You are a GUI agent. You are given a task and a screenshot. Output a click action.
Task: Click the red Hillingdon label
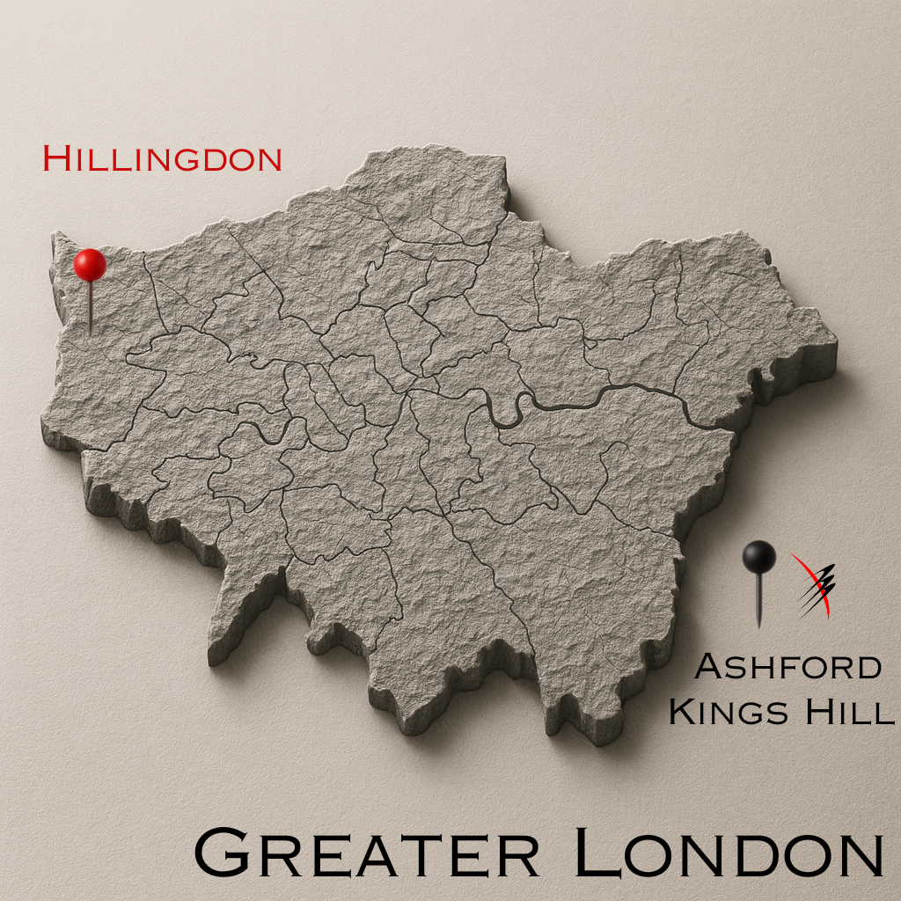[x=163, y=159]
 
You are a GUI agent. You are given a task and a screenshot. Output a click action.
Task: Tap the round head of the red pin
[x=90, y=264]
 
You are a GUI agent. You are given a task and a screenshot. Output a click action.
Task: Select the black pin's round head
[x=758, y=556]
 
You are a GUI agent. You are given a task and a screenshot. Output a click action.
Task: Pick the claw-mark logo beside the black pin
[x=813, y=584]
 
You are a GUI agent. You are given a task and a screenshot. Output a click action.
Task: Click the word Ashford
[x=787, y=667]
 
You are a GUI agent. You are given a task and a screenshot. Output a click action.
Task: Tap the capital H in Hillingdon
[x=56, y=159]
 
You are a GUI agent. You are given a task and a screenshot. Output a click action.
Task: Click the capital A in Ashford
[x=708, y=667]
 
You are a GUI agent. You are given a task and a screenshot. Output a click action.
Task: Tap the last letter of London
[x=857, y=853]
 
